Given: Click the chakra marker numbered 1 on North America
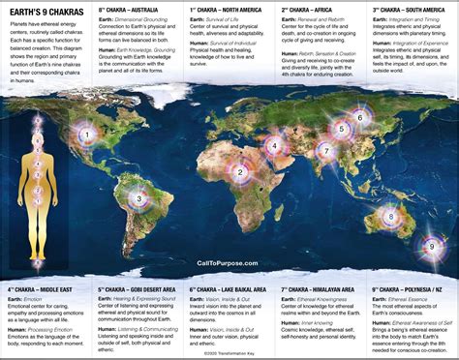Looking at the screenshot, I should [x=87, y=135].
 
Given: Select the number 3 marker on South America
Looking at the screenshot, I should [x=139, y=199].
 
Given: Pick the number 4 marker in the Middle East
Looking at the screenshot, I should [x=274, y=149].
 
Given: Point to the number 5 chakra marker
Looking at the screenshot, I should [x=340, y=128].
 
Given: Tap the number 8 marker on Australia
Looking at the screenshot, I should [x=388, y=216].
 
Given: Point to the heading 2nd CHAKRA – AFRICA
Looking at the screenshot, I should [x=308, y=9].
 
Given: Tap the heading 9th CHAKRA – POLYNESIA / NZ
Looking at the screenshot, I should [x=411, y=289].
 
